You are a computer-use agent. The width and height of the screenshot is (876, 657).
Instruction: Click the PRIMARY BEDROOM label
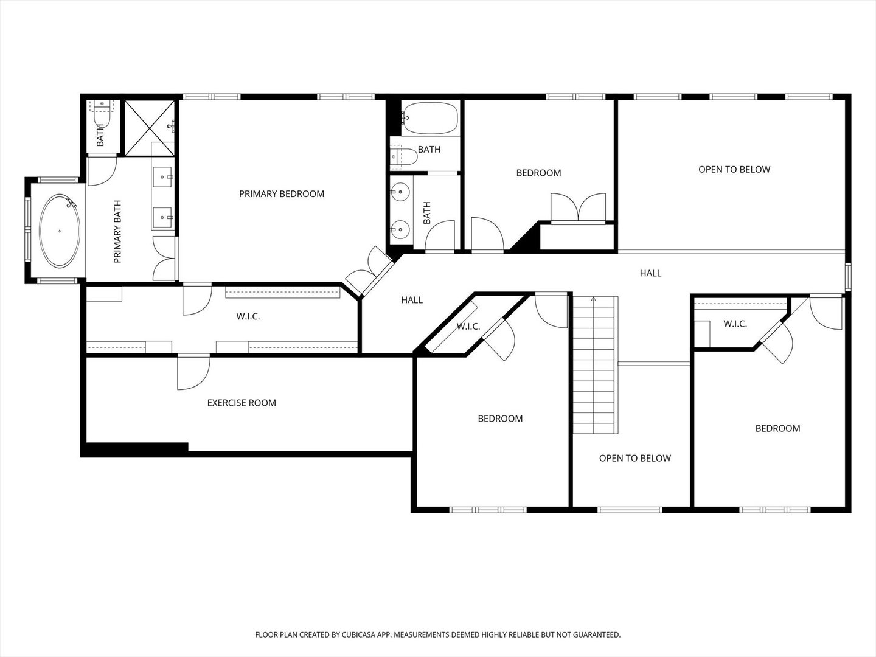click(282, 194)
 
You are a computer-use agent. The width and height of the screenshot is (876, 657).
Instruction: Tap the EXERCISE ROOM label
click(242, 403)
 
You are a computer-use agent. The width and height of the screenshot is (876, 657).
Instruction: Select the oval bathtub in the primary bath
click(60, 231)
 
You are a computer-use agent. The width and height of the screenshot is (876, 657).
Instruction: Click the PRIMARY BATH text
click(117, 231)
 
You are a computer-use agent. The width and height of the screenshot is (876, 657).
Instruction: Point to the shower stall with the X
click(150, 128)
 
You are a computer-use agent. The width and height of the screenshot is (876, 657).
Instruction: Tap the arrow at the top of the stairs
click(594, 299)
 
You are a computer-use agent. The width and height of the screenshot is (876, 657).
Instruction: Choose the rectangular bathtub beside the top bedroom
click(430, 118)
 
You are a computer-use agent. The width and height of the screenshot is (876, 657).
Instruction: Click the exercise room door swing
click(193, 372)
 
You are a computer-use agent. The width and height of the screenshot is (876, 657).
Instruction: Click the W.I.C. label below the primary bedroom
click(248, 317)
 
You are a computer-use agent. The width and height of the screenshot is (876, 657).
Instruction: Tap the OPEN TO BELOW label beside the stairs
click(635, 458)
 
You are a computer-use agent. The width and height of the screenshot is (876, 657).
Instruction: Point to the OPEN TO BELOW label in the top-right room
click(734, 170)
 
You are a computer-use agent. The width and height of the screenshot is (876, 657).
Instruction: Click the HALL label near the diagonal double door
click(412, 300)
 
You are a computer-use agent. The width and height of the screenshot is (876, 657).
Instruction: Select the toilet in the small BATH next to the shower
click(102, 114)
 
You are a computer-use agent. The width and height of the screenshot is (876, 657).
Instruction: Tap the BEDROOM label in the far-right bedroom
click(778, 428)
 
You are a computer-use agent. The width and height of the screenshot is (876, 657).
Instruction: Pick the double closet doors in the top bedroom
click(579, 207)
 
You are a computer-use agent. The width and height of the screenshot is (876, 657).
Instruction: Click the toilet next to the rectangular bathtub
click(403, 156)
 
